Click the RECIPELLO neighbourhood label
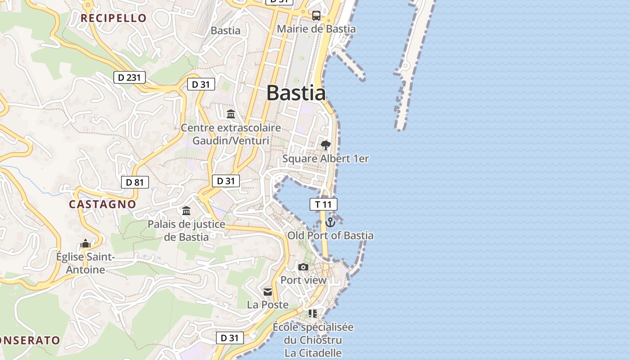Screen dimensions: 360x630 pyautogui.click(x=113, y=18)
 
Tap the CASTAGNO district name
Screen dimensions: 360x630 pyautogui.click(x=102, y=204)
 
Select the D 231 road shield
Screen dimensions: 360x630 pyautogui.click(x=130, y=77)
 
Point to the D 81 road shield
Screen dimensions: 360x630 pyautogui.click(x=135, y=182)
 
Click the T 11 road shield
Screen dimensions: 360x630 pyautogui.click(x=323, y=204)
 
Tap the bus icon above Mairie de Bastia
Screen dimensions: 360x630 pyautogui.click(x=316, y=16)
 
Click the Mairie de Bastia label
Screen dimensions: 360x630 pyautogui.click(x=316, y=29)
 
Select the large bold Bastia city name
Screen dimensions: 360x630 pyautogui.click(x=296, y=93)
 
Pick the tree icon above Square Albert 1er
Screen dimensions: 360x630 pyautogui.click(x=325, y=145)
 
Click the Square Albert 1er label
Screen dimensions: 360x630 pyautogui.click(x=325, y=158)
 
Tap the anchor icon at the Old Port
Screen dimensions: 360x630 pyautogui.click(x=330, y=222)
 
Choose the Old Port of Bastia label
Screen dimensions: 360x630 pyautogui.click(x=330, y=235)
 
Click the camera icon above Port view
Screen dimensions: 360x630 pyautogui.click(x=303, y=267)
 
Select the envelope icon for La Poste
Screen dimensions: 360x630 pyautogui.click(x=268, y=292)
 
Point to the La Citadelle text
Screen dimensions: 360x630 pyautogui.click(x=313, y=353)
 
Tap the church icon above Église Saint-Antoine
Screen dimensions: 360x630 pyautogui.click(x=85, y=244)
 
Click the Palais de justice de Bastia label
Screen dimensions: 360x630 pyautogui.click(x=186, y=230)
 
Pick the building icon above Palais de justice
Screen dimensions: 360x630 pyautogui.click(x=186, y=211)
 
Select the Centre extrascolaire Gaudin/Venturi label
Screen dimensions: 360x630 pyautogui.click(x=231, y=134)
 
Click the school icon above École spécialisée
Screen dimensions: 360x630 pyautogui.click(x=313, y=313)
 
